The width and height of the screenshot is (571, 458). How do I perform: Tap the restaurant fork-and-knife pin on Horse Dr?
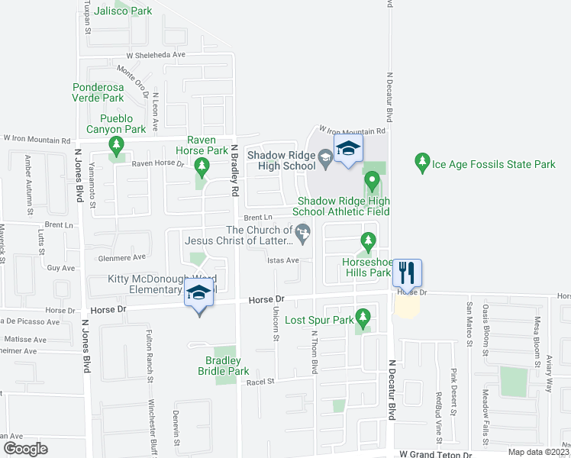click(406, 272)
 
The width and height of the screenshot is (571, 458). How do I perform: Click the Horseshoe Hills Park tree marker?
click(369, 242)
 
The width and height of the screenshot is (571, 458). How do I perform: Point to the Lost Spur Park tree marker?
click(363, 316)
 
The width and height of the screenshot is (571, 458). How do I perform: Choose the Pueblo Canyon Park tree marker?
click(116, 145)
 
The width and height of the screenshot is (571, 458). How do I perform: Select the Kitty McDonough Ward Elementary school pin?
click(198, 294)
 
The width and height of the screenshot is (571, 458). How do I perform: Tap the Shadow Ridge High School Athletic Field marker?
click(372, 182)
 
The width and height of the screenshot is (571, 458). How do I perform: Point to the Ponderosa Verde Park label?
click(98, 92)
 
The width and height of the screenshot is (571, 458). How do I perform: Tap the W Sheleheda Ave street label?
click(156, 55)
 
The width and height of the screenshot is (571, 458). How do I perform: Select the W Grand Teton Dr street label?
click(436, 454)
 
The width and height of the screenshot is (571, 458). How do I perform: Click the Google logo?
click(24, 449)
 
